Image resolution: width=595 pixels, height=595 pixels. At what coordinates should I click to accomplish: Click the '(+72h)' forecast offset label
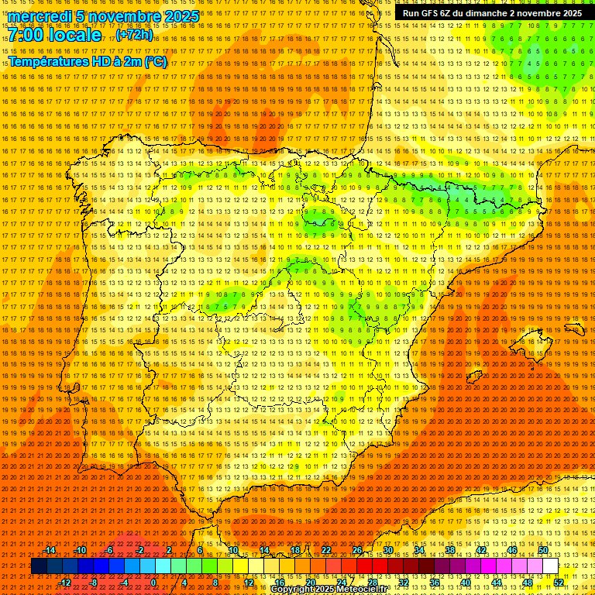(x=134, y=35)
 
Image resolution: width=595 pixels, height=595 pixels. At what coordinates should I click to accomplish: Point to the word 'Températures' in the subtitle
(x=48, y=61)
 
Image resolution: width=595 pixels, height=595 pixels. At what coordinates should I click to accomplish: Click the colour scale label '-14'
(x=50, y=550)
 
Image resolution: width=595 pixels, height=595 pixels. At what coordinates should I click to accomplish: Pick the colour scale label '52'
(x=559, y=583)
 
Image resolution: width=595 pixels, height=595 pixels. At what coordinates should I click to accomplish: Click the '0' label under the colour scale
(x=153, y=583)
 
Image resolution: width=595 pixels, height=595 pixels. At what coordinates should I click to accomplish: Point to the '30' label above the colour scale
(x=388, y=550)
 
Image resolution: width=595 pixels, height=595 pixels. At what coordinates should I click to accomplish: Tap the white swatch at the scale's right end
(x=550, y=566)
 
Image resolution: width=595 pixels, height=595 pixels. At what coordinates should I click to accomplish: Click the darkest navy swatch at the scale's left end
(x=39, y=566)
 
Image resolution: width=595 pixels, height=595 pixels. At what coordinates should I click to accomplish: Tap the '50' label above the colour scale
(x=543, y=550)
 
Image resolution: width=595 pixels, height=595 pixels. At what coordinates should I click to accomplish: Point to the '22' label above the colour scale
(x=326, y=550)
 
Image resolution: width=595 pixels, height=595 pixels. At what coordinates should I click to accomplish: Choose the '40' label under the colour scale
(x=466, y=583)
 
